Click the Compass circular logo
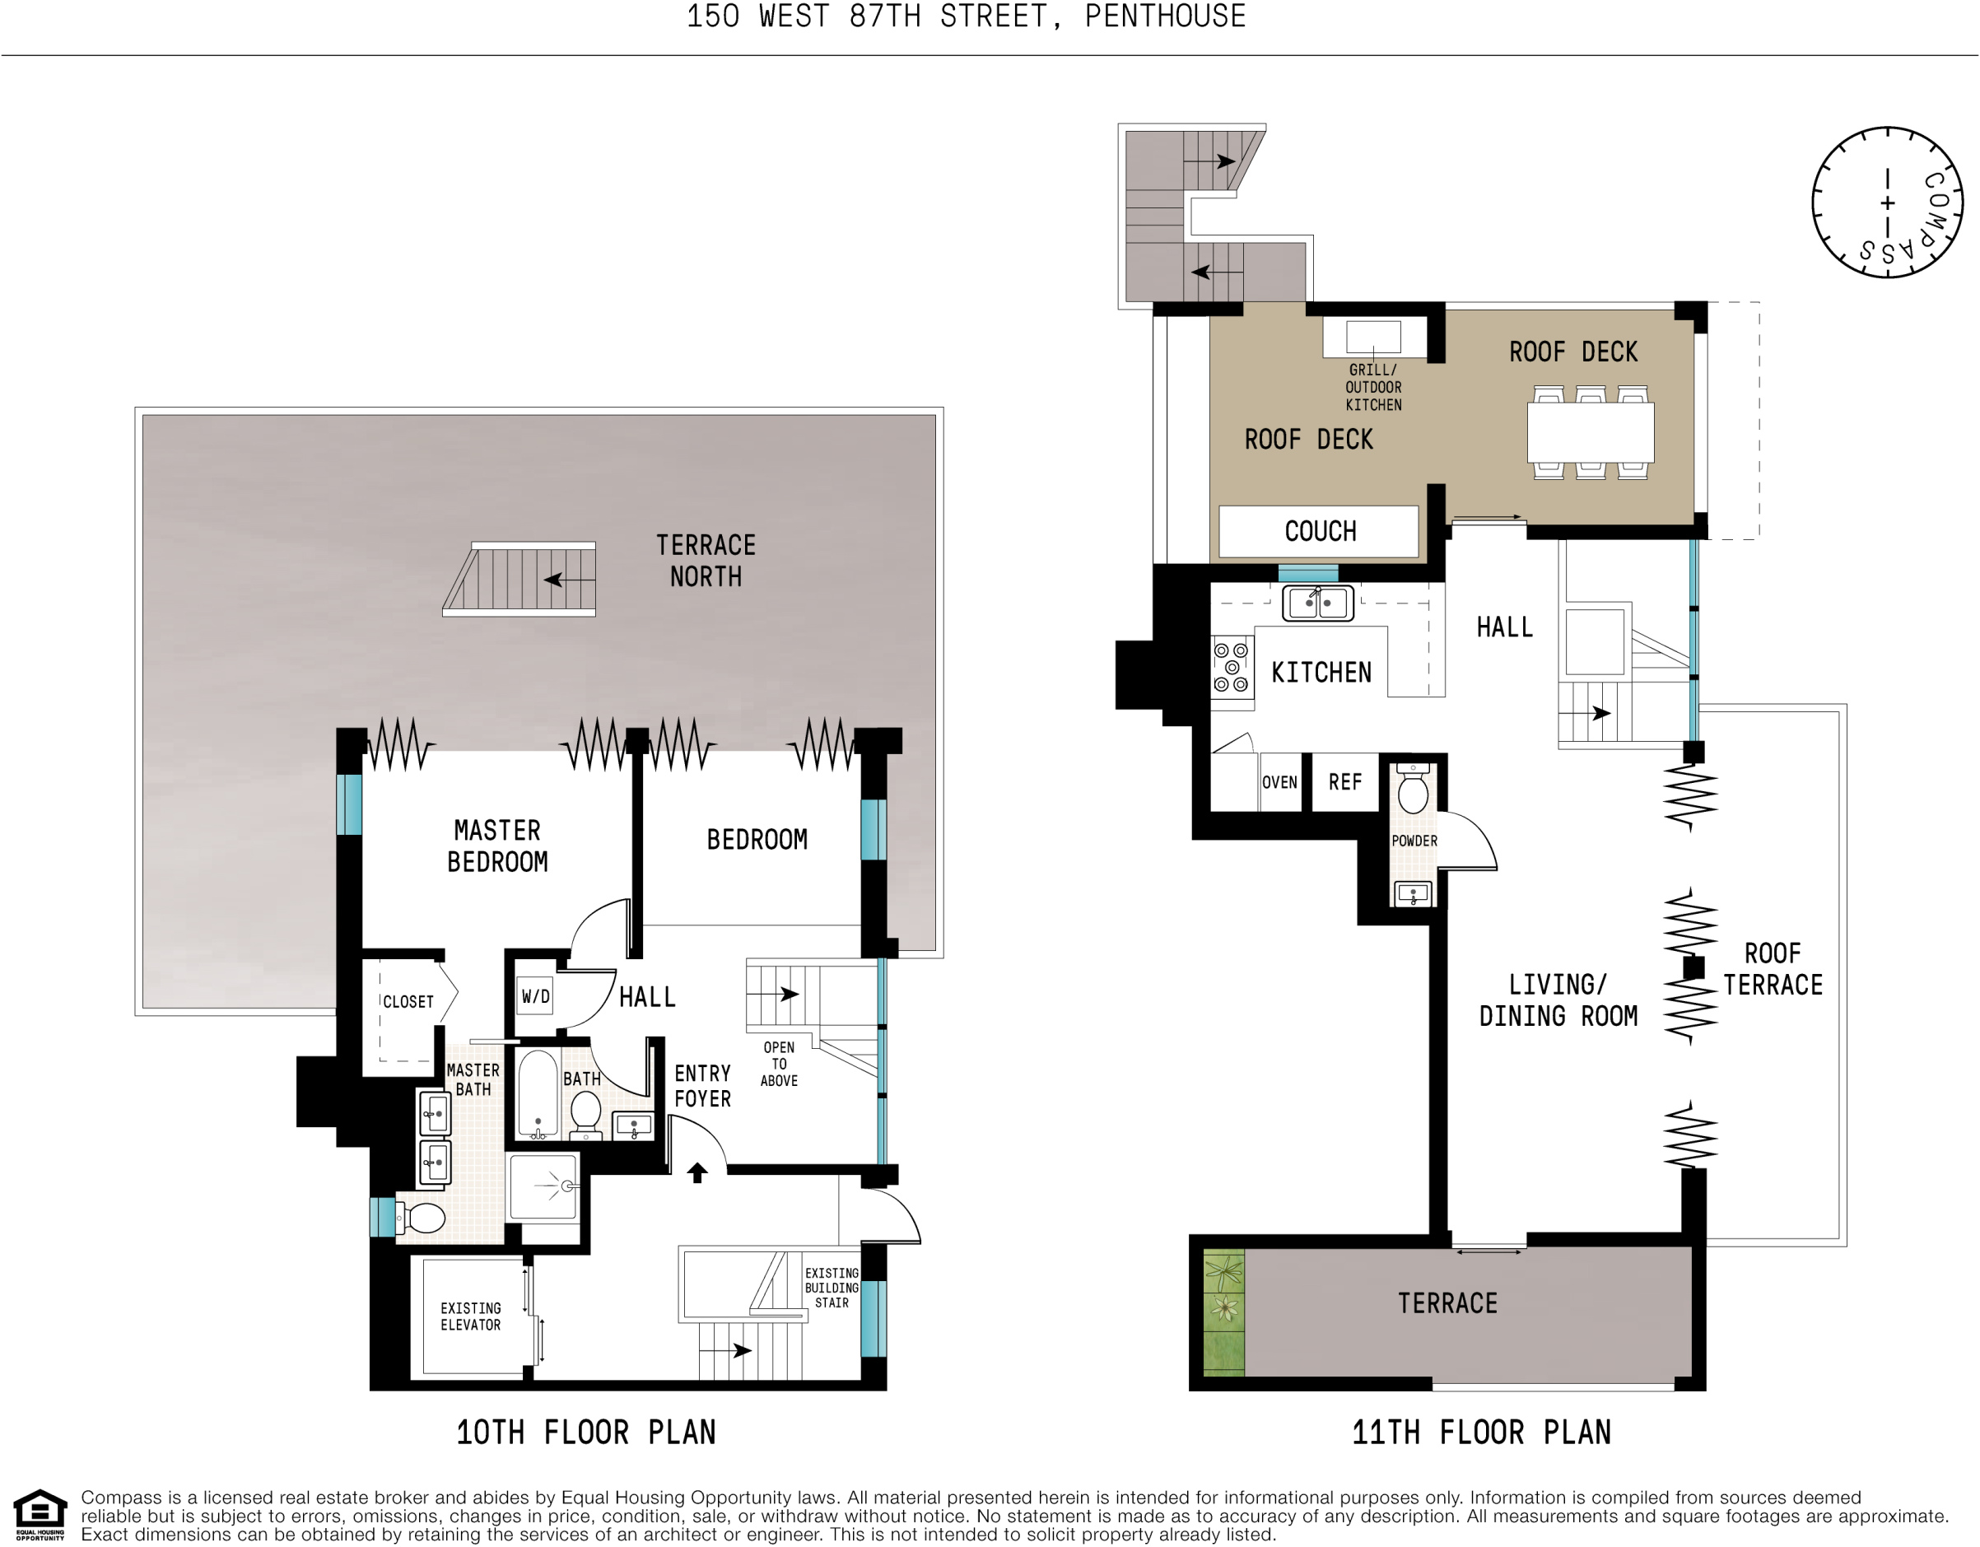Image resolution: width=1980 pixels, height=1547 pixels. (x=1888, y=203)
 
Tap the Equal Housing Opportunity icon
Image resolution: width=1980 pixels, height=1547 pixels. (x=40, y=1514)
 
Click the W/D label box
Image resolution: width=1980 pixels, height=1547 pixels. (x=535, y=996)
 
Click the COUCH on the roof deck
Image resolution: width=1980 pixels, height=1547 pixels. (x=1319, y=531)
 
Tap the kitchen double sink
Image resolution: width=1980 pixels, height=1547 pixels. (x=1317, y=603)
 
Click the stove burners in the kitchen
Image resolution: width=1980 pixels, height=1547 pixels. (x=1231, y=667)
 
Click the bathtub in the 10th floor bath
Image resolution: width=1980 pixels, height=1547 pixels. (x=538, y=1093)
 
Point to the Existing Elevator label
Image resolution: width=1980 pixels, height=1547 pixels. (x=471, y=1316)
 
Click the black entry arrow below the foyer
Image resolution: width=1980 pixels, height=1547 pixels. (x=696, y=1172)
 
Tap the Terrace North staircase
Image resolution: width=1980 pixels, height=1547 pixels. (x=520, y=580)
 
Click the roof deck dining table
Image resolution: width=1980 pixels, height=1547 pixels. (x=1590, y=432)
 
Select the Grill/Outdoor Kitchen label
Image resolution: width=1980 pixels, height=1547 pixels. (x=1372, y=387)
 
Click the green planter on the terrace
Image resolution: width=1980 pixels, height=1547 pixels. (x=1223, y=1312)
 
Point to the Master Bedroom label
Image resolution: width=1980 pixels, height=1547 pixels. (x=496, y=846)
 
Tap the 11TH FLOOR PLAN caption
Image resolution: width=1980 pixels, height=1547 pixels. (x=1480, y=1433)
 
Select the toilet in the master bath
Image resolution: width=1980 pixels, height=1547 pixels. (x=423, y=1218)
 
